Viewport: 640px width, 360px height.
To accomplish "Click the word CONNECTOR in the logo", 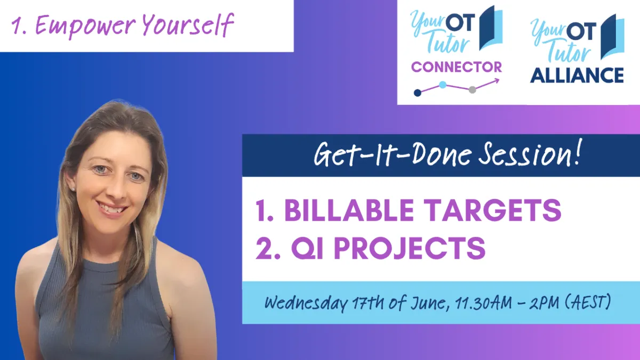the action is click(x=457, y=67).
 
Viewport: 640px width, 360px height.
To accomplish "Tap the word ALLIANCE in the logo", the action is click(x=577, y=75).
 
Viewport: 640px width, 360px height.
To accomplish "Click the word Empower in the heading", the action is click(x=85, y=26).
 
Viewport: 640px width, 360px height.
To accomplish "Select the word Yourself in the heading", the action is click(x=188, y=25).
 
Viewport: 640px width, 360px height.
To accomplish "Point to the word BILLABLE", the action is click(x=349, y=210).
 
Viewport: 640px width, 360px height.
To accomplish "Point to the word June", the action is click(x=428, y=303).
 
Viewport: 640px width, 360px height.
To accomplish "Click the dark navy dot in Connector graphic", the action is click(x=418, y=93).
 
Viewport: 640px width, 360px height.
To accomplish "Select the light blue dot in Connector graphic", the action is click(x=443, y=85).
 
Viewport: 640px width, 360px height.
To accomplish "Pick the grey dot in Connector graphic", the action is click(x=473, y=90).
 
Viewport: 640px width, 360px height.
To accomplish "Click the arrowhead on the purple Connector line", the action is click(x=497, y=81).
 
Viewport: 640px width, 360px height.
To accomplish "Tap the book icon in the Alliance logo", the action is click(x=612, y=37).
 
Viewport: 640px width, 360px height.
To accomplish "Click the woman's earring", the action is click(x=73, y=189).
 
